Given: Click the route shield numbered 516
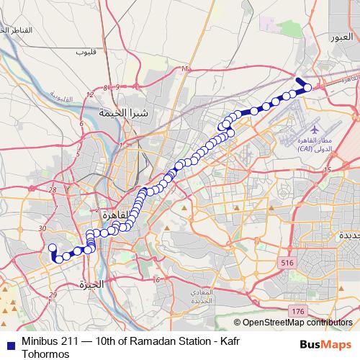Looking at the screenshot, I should [287, 264].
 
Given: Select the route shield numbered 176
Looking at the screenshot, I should [299, 310].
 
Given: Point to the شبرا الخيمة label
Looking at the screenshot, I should [123, 114].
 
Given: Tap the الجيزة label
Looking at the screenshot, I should [91, 284].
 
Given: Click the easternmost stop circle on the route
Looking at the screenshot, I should [308, 88].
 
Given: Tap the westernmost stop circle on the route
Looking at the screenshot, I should [52, 249].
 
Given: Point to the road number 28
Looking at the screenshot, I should [53, 189].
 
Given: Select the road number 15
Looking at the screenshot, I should [328, 169].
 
